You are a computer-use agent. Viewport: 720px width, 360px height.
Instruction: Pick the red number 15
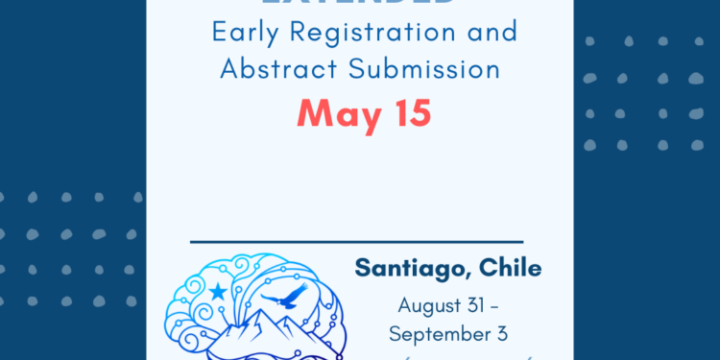(x=410, y=113)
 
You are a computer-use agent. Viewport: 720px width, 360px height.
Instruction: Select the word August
(x=431, y=307)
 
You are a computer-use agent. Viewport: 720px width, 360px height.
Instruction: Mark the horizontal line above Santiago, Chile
(x=357, y=242)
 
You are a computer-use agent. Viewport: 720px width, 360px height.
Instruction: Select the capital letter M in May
(x=311, y=114)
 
